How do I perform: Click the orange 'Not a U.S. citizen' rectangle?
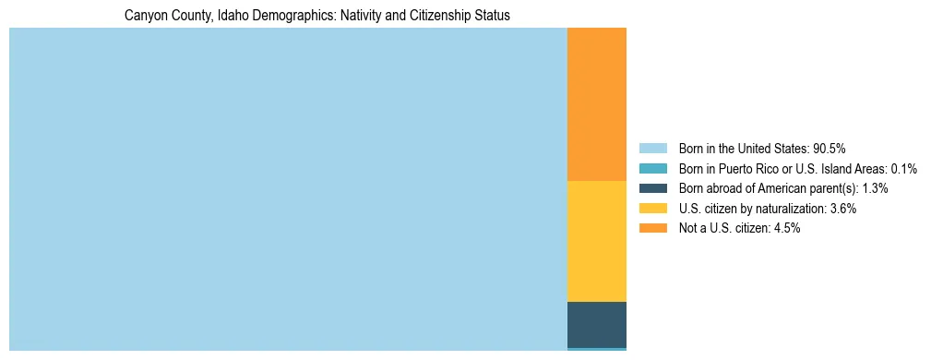(596, 104)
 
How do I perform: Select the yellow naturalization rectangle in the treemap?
(596, 241)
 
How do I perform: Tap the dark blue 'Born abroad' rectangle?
(596, 324)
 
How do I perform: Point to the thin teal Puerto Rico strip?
(596, 349)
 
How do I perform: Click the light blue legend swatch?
(652, 148)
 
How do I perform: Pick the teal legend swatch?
(652, 168)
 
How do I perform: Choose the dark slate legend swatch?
(652, 188)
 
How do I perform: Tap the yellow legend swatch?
(652, 209)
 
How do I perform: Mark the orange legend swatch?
(652, 229)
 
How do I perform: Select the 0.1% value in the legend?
(902, 168)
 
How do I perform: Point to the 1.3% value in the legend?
(875, 188)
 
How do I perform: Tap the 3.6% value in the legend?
(842, 209)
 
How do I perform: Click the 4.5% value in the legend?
(786, 229)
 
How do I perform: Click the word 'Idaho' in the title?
(231, 16)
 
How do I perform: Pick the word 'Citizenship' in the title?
(439, 16)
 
